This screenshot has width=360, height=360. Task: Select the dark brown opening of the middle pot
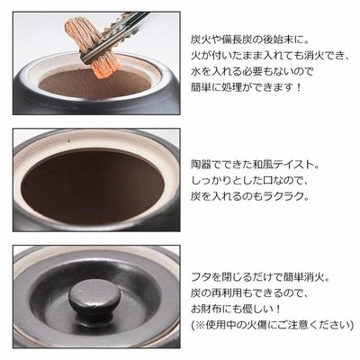coord(93,185)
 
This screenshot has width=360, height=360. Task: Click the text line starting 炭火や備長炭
coord(246,40)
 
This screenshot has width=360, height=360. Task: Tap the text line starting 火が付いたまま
coord(270,56)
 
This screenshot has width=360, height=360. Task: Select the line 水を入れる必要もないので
coord(252,72)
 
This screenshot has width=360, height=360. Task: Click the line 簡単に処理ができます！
coord(246,87)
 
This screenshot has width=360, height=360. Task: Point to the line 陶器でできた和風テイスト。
coord(256,165)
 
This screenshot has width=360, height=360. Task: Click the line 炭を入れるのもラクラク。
coord(249,197)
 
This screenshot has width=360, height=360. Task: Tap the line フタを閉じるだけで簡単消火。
coord(260,277)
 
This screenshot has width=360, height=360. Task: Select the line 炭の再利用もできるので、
coord(248,292)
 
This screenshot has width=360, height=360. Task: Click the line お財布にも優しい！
coord(236,309)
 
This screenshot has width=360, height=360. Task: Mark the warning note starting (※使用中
coord(272,325)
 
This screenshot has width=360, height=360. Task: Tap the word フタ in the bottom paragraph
coord(200,277)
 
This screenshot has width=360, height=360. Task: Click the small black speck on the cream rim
coord(69,140)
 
